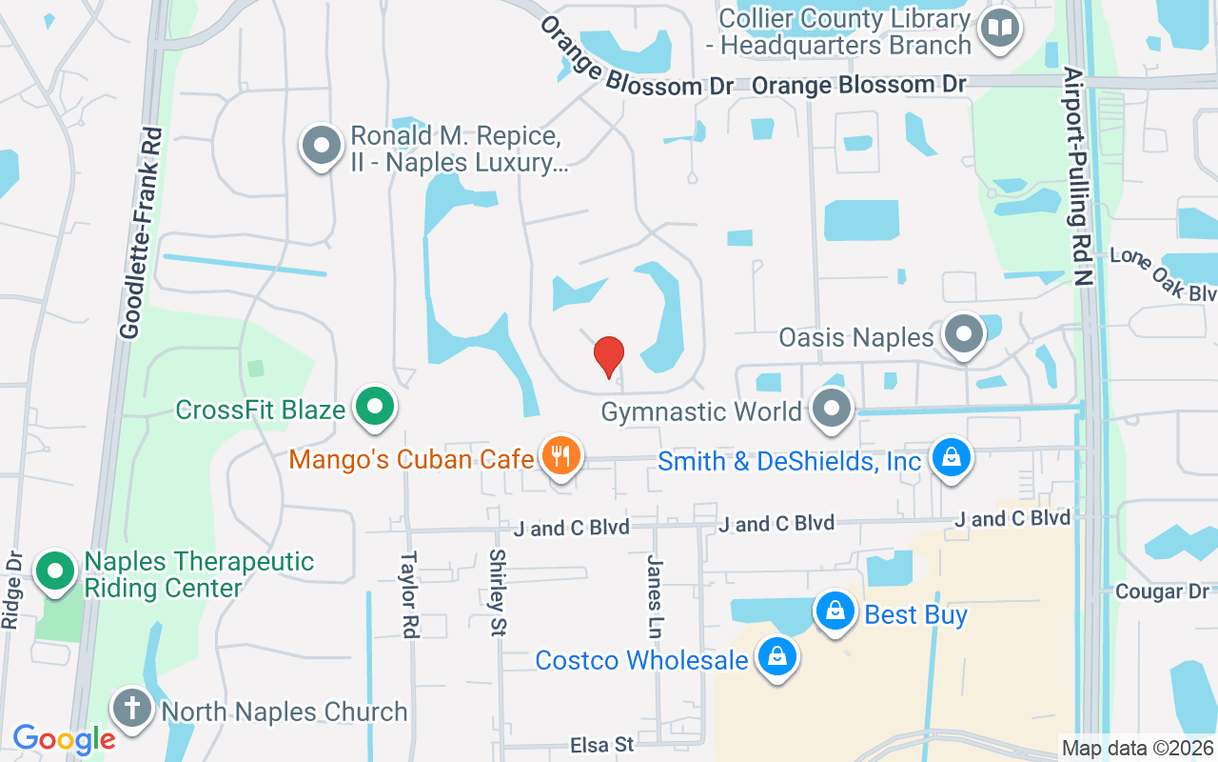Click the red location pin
pyautogui.click(x=609, y=356)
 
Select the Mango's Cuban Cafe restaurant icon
pyautogui.click(x=561, y=456)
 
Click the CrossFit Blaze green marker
pyautogui.click(x=375, y=408)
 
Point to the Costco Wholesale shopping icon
pyautogui.click(x=777, y=656)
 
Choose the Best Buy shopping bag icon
pyautogui.click(x=835, y=612)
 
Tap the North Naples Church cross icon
pyautogui.click(x=132, y=709)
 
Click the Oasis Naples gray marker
pyautogui.click(x=965, y=335)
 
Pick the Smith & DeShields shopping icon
pyautogui.click(x=951, y=458)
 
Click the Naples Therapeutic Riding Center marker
pyautogui.click(x=55, y=571)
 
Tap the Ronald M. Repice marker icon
pyautogui.click(x=322, y=147)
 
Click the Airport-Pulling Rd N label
pyautogui.click(x=1079, y=177)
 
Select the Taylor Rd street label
pyautogui.click(x=409, y=595)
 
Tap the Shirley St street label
pyautogui.click(x=498, y=592)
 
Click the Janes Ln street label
pyautogui.click(x=655, y=595)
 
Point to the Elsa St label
pyautogui.click(x=602, y=745)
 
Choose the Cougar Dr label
pyautogui.click(x=1162, y=592)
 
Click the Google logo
pyautogui.click(x=64, y=738)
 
